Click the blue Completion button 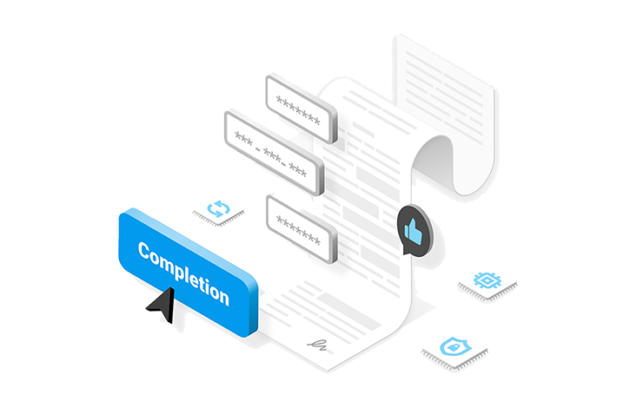(189, 273)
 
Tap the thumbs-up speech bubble (415, 231)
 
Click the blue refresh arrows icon (219, 208)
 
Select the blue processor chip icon (487, 280)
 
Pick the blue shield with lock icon (454, 346)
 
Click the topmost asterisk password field (302, 109)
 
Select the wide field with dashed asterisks (274, 153)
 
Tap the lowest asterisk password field (302, 229)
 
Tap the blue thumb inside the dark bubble (414, 232)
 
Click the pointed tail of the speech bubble (406, 251)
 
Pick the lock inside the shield (454, 347)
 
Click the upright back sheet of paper (445, 95)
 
